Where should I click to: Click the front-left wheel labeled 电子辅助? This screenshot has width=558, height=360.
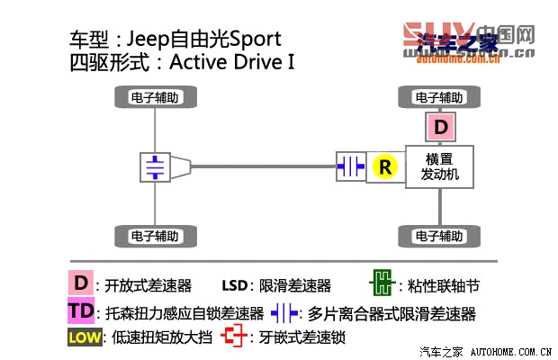pyautogui.click(x=155, y=96)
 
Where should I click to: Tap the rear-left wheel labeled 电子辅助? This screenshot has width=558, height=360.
pyautogui.click(x=155, y=238)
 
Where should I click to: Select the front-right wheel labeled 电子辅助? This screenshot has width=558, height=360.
pyautogui.click(x=439, y=96)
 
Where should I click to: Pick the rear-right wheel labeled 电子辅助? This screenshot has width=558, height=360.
pyautogui.click(x=439, y=238)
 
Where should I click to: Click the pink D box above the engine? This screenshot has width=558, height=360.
pyautogui.click(x=440, y=127)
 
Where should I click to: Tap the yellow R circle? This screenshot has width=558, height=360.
pyautogui.click(x=385, y=166)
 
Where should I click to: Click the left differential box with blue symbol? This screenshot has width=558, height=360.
pyautogui.click(x=157, y=166)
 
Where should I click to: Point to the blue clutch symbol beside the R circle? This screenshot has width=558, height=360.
pyautogui.click(x=351, y=166)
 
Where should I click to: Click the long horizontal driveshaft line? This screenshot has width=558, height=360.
pyautogui.click(x=261, y=166)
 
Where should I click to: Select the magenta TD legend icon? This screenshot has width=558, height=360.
pyautogui.click(x=80, y=312)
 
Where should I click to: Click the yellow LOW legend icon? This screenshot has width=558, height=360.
pyautogui.click(x=81, y=338)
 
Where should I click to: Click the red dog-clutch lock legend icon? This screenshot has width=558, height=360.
pyautogui.click(x=236, y=337)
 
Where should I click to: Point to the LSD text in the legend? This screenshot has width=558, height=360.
pyautogui.click(x=233, y=286)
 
